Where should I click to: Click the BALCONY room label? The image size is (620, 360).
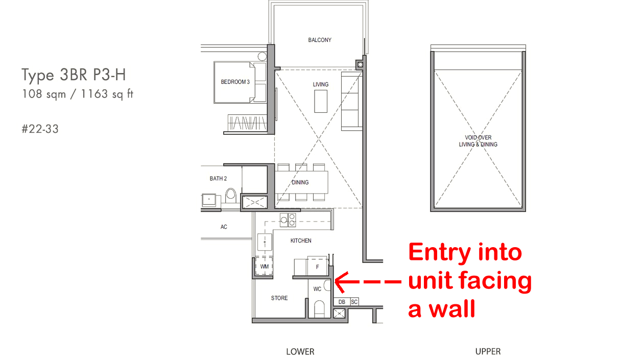320,40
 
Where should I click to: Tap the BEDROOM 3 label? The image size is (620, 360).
235,82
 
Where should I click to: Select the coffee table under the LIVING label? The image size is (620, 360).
321,101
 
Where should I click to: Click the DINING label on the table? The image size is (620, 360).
300,182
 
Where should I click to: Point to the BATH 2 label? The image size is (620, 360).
218,179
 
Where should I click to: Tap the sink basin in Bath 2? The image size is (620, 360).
209,199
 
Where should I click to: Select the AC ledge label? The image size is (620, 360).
224,227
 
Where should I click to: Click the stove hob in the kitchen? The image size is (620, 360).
288,220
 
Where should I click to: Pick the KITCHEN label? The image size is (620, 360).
301,241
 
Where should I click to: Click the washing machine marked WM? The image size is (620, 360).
264,266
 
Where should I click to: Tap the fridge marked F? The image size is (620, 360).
318,267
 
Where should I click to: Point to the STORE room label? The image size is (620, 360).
279,298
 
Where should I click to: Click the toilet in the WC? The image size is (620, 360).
319,308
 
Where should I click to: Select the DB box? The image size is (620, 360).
342,302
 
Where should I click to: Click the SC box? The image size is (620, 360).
354,302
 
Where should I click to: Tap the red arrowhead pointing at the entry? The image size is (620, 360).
341,282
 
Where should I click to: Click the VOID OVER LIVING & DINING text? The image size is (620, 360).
478,141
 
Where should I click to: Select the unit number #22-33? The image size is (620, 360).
40,129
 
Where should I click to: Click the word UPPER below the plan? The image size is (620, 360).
488,351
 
